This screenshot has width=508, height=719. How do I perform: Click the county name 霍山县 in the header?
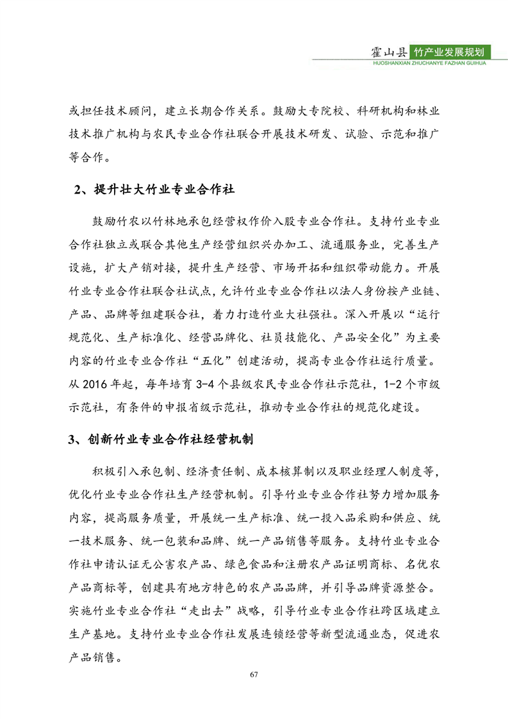[390, 52]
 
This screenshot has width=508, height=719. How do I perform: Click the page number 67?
[254, 674]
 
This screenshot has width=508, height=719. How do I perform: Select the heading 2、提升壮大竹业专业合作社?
[154, 190]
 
